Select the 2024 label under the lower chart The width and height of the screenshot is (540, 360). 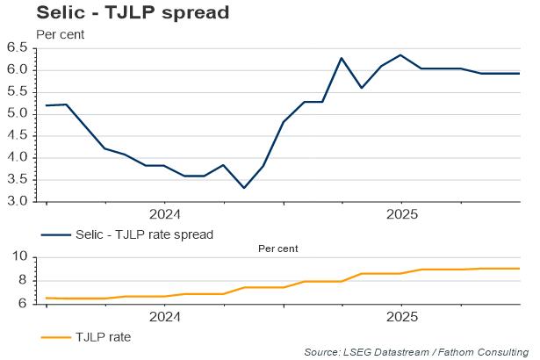point(164,316)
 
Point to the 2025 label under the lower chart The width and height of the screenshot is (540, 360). point(401,316)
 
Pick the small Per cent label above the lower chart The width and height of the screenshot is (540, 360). point(277,248)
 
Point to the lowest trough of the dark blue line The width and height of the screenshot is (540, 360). point(243,188)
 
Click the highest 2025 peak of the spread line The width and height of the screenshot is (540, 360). point(400,55)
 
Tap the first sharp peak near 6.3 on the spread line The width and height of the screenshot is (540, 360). point(342,58)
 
